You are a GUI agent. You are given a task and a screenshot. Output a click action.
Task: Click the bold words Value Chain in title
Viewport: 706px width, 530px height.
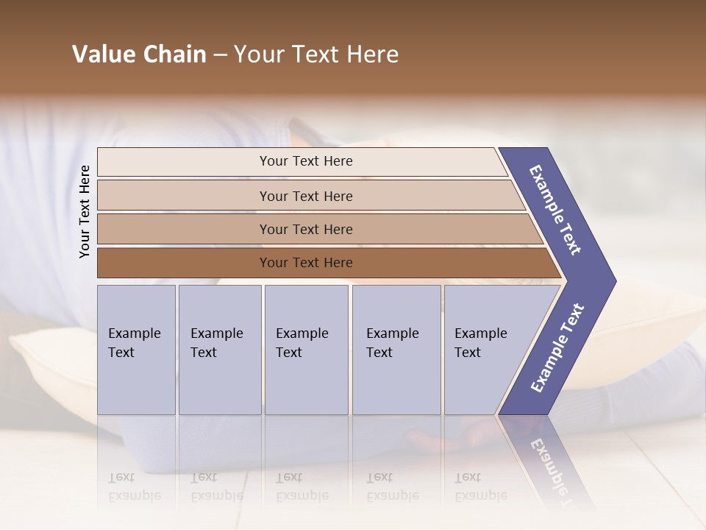[x=139, y=54]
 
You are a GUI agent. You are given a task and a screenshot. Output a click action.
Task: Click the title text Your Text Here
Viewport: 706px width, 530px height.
[x=316, y=54]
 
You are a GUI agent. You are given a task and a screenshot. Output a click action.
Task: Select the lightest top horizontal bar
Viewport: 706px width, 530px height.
[x=302, y=161]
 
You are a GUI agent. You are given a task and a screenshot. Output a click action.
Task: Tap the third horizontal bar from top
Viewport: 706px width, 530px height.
[x=316, y=229]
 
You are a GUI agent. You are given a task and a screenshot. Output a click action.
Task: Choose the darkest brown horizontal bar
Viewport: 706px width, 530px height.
[x=324, y=263]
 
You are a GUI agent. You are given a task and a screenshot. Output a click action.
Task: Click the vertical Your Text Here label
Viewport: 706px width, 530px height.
[x=85, y=211]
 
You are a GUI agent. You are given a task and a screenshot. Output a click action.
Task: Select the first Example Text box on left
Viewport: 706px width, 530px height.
[x=136, y=349]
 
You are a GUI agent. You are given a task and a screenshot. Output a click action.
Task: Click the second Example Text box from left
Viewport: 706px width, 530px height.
[x=220, y=349]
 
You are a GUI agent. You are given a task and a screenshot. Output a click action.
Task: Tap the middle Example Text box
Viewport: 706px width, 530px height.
[x=306, y=349]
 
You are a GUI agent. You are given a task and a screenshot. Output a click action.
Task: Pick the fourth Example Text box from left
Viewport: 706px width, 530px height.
[x=396, y=349]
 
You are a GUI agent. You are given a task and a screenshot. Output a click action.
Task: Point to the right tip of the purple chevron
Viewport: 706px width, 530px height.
[x=612, y=280]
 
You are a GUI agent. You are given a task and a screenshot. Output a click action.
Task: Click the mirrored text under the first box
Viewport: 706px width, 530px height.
[x=134, y=487]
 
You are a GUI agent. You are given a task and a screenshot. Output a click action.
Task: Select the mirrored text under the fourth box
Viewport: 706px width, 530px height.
[x=392, y=487]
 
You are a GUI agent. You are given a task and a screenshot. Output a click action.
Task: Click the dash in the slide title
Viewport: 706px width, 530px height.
[x=220, y=55]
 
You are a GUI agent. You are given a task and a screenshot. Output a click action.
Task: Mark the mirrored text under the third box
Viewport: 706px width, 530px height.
[x=302, y=487]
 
